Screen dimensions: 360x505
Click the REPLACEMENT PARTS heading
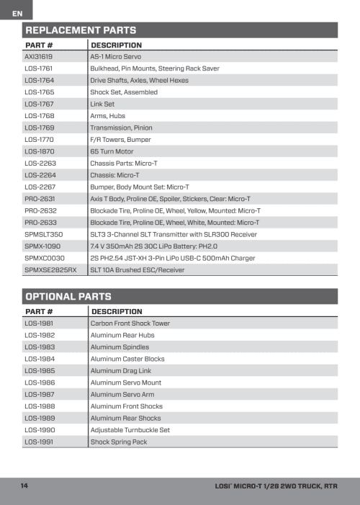click(x=81, y=30)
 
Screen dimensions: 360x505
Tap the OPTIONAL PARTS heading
click(x=68, y=296)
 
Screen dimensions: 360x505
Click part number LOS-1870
click(x=39, y=151)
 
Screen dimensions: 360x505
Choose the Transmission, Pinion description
click(x=121, y=128)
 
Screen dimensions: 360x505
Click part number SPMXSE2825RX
click(x=50, y=270)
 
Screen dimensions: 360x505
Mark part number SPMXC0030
click(x=45, y=258)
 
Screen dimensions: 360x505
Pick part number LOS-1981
click(x=39, y=323)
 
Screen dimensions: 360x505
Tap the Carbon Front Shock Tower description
click(x=130, y=323)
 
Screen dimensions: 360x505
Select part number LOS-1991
click(x=39, y=442)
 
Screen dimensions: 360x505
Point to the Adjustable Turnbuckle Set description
click(x=130, y=430)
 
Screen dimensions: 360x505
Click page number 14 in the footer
click(x=24, y=486)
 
